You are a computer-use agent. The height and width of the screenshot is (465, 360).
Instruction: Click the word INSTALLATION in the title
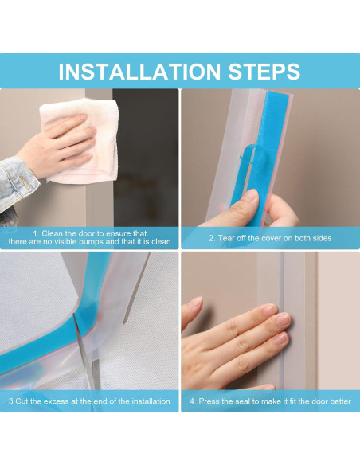point(139,72)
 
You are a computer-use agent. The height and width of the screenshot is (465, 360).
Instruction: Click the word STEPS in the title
point(264,72)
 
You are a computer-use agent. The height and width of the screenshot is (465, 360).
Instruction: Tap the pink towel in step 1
point(80,139)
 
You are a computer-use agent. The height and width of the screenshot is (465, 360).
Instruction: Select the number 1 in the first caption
point(35,233)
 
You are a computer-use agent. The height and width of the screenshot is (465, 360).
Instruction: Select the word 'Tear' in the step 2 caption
point(226,238)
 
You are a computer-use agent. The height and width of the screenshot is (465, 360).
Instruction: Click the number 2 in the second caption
point(211,238)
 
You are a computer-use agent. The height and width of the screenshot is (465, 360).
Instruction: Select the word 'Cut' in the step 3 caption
point(22,401)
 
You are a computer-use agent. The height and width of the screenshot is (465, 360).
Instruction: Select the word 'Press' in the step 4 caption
point(208,401)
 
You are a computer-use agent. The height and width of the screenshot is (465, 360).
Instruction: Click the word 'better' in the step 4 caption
point(341,401)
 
